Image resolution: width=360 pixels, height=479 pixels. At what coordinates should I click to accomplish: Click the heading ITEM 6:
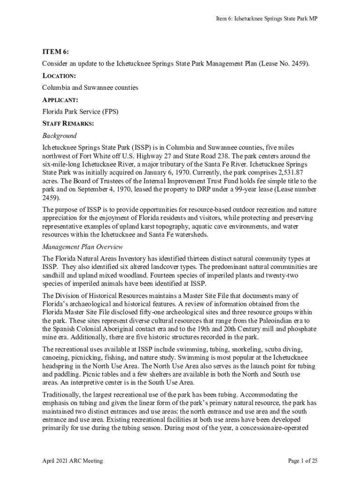(x=56, y=51)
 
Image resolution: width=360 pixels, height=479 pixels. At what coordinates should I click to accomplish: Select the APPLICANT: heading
(x=60, y=100)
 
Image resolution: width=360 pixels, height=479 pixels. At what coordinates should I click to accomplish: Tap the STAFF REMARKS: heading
(x=68, y=124)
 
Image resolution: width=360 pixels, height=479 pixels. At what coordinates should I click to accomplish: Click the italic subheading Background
(x=59, y=136)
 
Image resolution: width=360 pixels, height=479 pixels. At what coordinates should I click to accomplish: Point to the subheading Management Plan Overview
(x=82, y=247)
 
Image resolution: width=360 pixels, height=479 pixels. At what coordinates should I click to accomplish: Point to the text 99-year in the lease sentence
(x=251, y=189)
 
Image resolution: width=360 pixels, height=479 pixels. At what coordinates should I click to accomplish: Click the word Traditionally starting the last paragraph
(x=61, y=394)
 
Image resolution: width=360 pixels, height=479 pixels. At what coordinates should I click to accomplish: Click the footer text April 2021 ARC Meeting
(x=72, y=461)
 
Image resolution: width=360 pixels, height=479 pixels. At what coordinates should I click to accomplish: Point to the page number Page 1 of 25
(x=302, y=461)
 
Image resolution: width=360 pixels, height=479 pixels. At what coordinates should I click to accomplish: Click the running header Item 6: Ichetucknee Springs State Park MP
(x=266, y=18)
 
